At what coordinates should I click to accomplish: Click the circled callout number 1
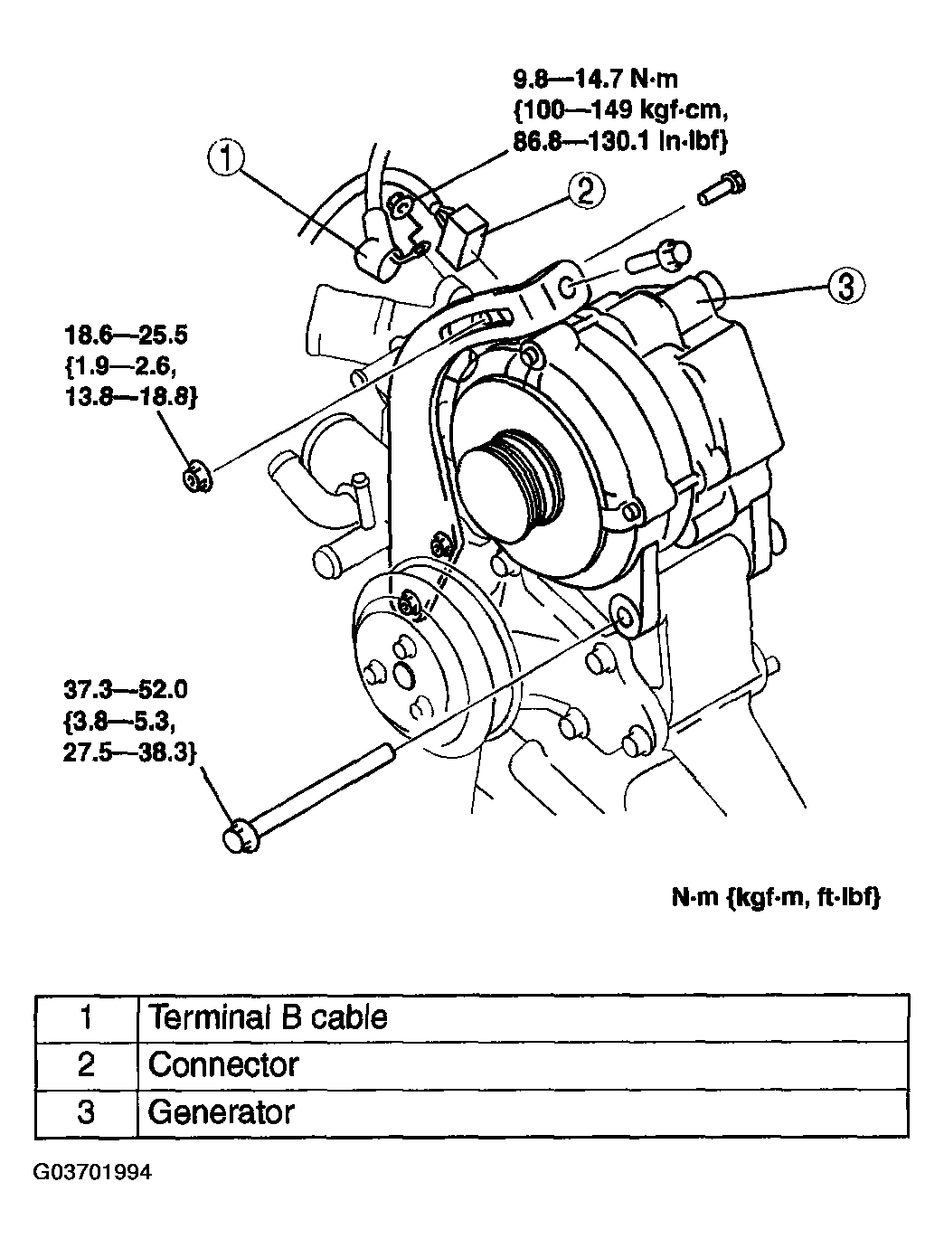(x=225, y=160)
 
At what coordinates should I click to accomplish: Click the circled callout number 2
(x=585, y=190)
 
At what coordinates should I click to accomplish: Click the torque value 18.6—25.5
(x=126, y=336)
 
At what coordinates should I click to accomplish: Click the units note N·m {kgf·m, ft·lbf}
(x=775, y=897)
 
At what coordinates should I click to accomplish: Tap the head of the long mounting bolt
(x=238, y=837)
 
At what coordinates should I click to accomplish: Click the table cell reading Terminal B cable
(x=268, y=1017)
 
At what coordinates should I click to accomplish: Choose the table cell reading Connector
(x=223, y=1064)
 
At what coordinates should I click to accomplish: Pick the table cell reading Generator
(x=222, y=1111)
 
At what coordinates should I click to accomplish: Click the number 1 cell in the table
(x=86, y=1017)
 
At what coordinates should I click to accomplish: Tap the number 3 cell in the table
(x=86, y=1111)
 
